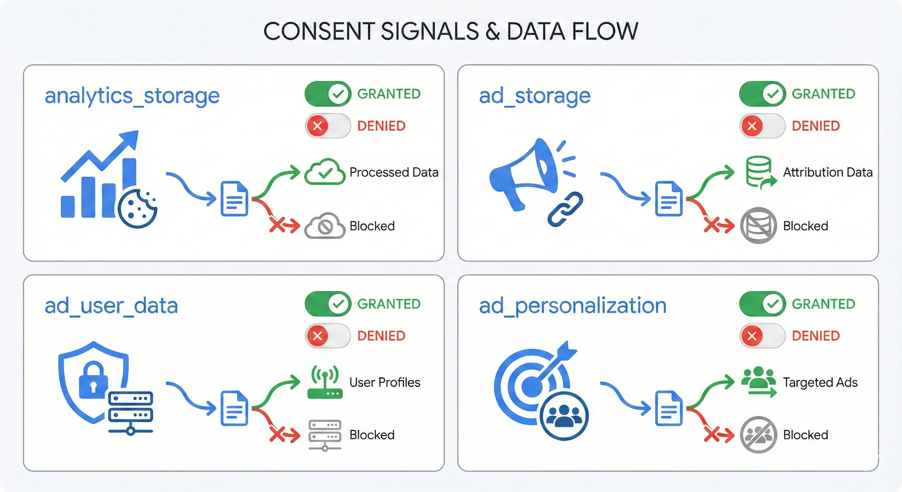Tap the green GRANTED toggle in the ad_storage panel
[x=762, y=94]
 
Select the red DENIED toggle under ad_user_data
[x=328, y=336]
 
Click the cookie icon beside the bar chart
[x=137, y=209]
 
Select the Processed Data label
[x=394, y=172]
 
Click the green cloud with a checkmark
[x=324, y=172]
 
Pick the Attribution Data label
[x=828, y=172]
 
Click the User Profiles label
[x=385, y=382]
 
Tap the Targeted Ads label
[x=820, y=382]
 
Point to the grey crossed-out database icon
[x=758, y=225]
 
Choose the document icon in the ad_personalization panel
[x=668, y=408]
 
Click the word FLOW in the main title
[x=605, y=31]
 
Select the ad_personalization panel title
[x=572, y=306]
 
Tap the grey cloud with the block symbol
[x=324, y=226]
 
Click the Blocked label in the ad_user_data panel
[x=372, y=435]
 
